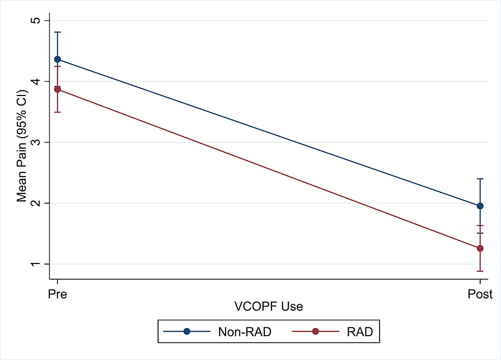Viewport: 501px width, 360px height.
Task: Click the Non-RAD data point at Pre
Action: (x=57, y=59)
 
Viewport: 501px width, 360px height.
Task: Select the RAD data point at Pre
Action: (x=57, y=89)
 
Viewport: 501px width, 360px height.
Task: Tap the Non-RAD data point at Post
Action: (x=480, y=206)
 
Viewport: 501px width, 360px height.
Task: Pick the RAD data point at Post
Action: (x=480, y=248)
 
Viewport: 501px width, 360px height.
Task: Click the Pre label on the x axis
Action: (x=57, y=294)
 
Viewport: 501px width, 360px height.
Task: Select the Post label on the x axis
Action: (x=480, y=294)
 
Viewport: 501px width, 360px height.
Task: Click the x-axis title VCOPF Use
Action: (x=268, y=307)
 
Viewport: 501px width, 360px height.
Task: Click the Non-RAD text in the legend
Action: (x=244, y=332)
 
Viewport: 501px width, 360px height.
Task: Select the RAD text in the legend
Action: (x=360, y=332)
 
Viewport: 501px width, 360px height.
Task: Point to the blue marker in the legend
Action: (x=187, y=332)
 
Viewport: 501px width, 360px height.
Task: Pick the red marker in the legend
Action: (x=316, y=332)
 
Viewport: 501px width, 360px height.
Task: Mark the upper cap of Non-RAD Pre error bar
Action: (x=57, y=32)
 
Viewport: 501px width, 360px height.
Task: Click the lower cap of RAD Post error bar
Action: (x=480, y=271)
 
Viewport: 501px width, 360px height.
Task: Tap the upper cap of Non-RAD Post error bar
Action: (x=480, y=179)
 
